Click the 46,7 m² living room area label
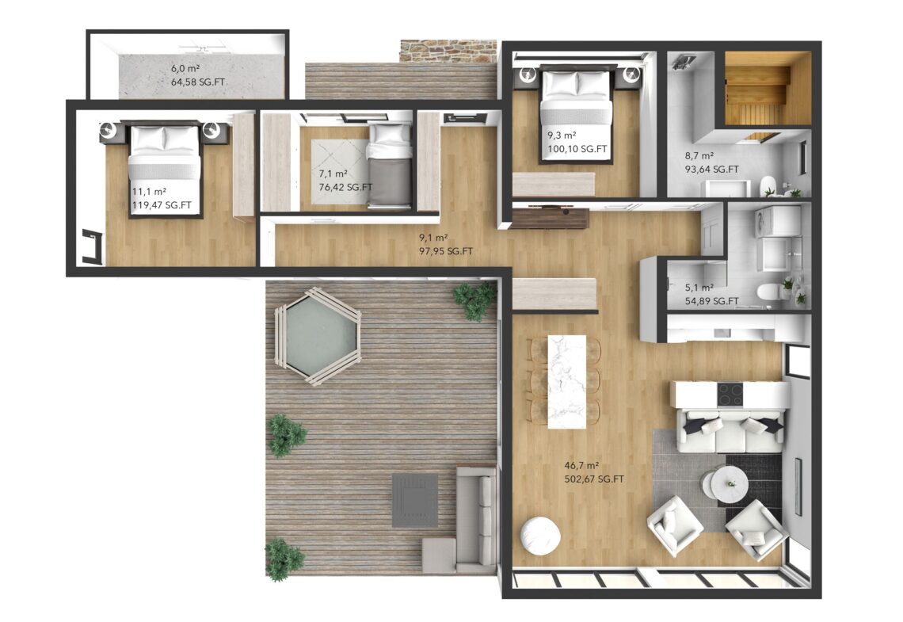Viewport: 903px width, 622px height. (x=581, y=465)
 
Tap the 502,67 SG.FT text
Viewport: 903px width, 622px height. (x=594, y=479)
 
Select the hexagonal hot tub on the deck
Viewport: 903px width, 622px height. (x=318, y=336)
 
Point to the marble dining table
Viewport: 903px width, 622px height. (x=566, y=381)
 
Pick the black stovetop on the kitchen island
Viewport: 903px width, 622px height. (x=730, y=395)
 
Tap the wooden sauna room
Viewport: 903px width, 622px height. (x=767, y=88)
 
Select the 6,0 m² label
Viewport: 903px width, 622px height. (x=185, y=68)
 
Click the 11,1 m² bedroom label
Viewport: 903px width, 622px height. (x=149, y=192)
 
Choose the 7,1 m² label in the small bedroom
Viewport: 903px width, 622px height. (x=333, y=174)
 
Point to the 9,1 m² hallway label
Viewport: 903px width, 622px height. (x=433, y=237)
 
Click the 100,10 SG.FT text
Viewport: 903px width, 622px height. (x=577, y=149)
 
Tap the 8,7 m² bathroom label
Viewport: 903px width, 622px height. (x=699, y=155)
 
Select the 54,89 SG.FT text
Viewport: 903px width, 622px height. (x=711, y=301)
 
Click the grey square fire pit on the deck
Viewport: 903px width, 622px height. (x=414, y=501)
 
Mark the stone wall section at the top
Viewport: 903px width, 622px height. (x=448, y=52)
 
